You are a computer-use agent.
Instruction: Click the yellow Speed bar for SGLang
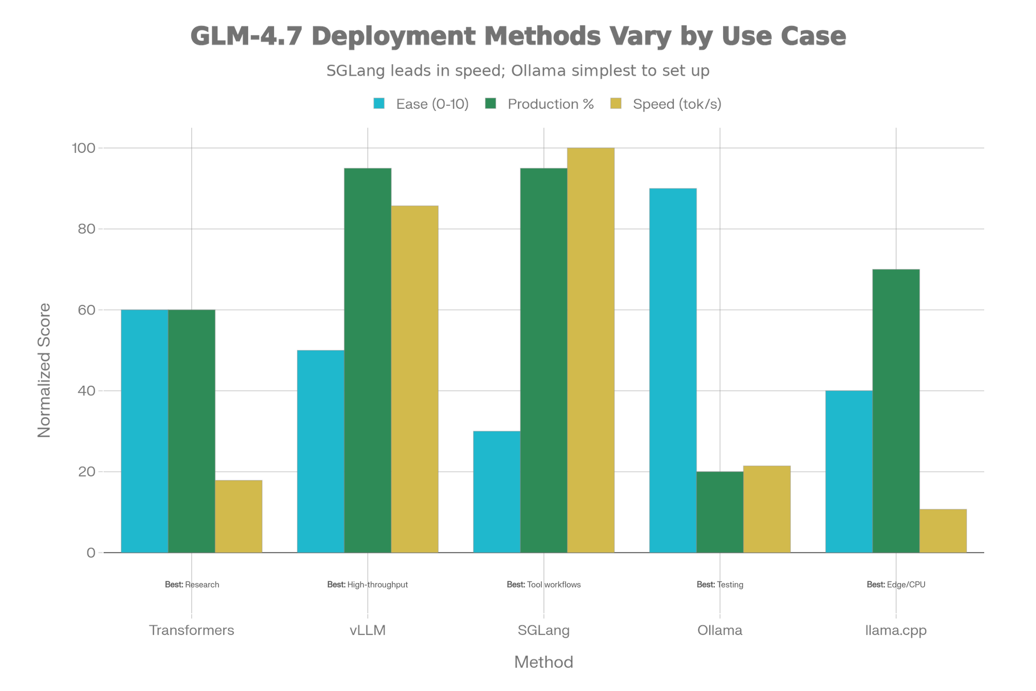(591, 350)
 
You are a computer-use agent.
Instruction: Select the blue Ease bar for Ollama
(672, 370)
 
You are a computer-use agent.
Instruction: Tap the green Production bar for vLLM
(368, 360)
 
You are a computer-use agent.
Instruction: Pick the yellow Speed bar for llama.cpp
(943, 531)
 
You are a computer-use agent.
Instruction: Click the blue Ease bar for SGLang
(496, 491)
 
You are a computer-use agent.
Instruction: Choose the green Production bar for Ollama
(720, 512)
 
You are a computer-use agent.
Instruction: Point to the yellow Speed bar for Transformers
(239, 516)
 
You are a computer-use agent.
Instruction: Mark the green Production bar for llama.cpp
(896, 411)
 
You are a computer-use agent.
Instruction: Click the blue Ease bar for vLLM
(320, 451)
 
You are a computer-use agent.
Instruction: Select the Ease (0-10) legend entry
(431, 104)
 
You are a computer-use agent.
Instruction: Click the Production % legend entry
(550, 104)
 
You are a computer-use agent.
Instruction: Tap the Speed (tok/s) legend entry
(677, 104)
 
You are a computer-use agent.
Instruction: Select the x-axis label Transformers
(192, 630)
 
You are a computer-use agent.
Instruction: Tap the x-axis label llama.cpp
(896, 630)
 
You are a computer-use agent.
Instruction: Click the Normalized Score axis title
(45, 370)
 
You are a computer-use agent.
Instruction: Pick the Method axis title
(543, 662)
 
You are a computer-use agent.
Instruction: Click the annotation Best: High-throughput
(367, 585)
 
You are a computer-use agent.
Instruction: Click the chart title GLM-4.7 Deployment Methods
(518, 36)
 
